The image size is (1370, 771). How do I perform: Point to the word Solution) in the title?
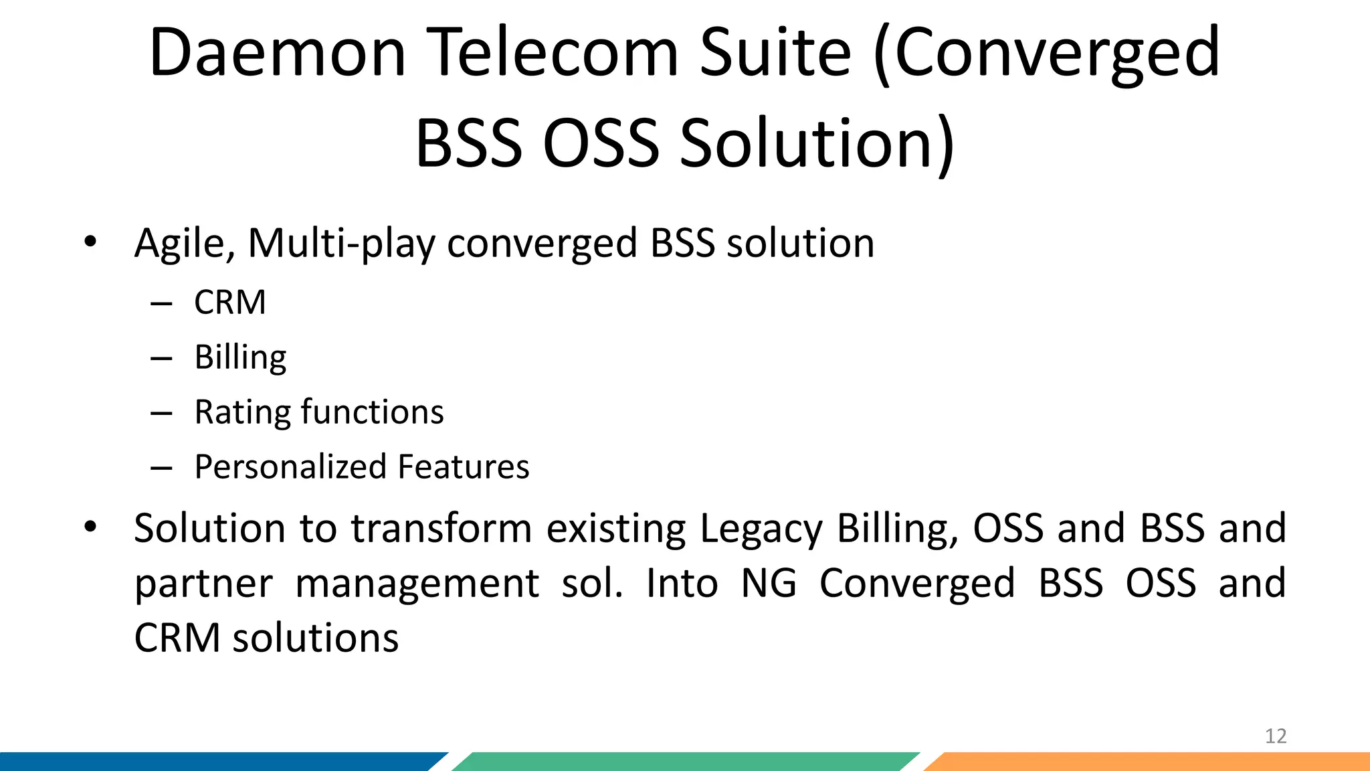point(817,143)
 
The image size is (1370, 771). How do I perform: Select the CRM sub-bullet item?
point(229,303)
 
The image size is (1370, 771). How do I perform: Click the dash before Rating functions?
point(161,413)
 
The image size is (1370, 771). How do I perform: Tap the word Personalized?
point(290,467)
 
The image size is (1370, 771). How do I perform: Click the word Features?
point(463,467)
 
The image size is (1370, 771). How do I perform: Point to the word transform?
point(442,528)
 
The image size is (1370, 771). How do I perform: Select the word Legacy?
point(761,529)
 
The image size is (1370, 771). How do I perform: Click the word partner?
point(203,584)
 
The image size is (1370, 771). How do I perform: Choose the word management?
point(417,584)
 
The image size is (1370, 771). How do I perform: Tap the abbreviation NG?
point(769,583)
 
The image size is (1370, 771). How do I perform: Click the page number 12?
point(1276,736)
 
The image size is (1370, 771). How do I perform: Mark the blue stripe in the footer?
point(214,762)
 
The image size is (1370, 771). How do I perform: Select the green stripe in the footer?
point(682,762)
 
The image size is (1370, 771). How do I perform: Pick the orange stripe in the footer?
point(1151,762)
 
